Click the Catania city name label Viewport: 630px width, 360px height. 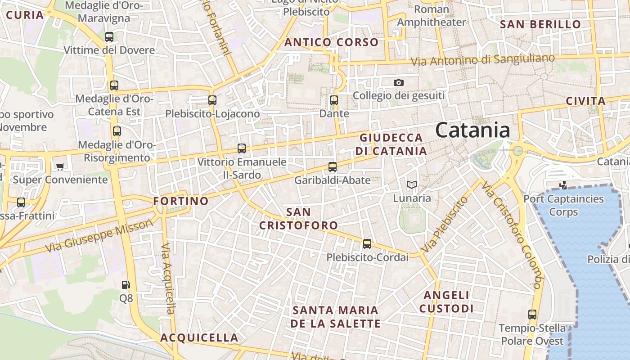point(472,130)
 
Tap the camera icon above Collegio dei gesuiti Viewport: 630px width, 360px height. point(398,82)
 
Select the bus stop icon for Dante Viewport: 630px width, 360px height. point(334,100)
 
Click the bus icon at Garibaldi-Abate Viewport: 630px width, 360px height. point(333,167)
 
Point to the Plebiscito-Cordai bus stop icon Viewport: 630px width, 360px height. point(367,244)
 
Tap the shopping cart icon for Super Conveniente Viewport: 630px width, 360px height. point(60,166)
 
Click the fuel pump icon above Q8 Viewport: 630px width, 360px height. point(126,284)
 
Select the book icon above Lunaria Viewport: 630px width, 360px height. point(412,184)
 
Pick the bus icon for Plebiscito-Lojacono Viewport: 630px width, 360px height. point(212,100)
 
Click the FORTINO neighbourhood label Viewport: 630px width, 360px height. point(181,201)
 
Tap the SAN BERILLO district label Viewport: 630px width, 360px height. point(541,24)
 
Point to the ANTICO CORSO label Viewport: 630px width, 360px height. point(332,42)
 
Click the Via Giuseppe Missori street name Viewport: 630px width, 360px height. point(99,236)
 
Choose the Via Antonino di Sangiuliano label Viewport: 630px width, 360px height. point(486,59)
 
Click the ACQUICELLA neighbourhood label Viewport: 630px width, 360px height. point(199,337)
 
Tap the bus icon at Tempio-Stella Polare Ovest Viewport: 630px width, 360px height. point(532,315)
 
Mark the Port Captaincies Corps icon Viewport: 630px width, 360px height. point(563,184)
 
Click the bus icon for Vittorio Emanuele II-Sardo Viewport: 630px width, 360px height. point(242,148)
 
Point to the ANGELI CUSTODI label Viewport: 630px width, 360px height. point(446,301)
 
